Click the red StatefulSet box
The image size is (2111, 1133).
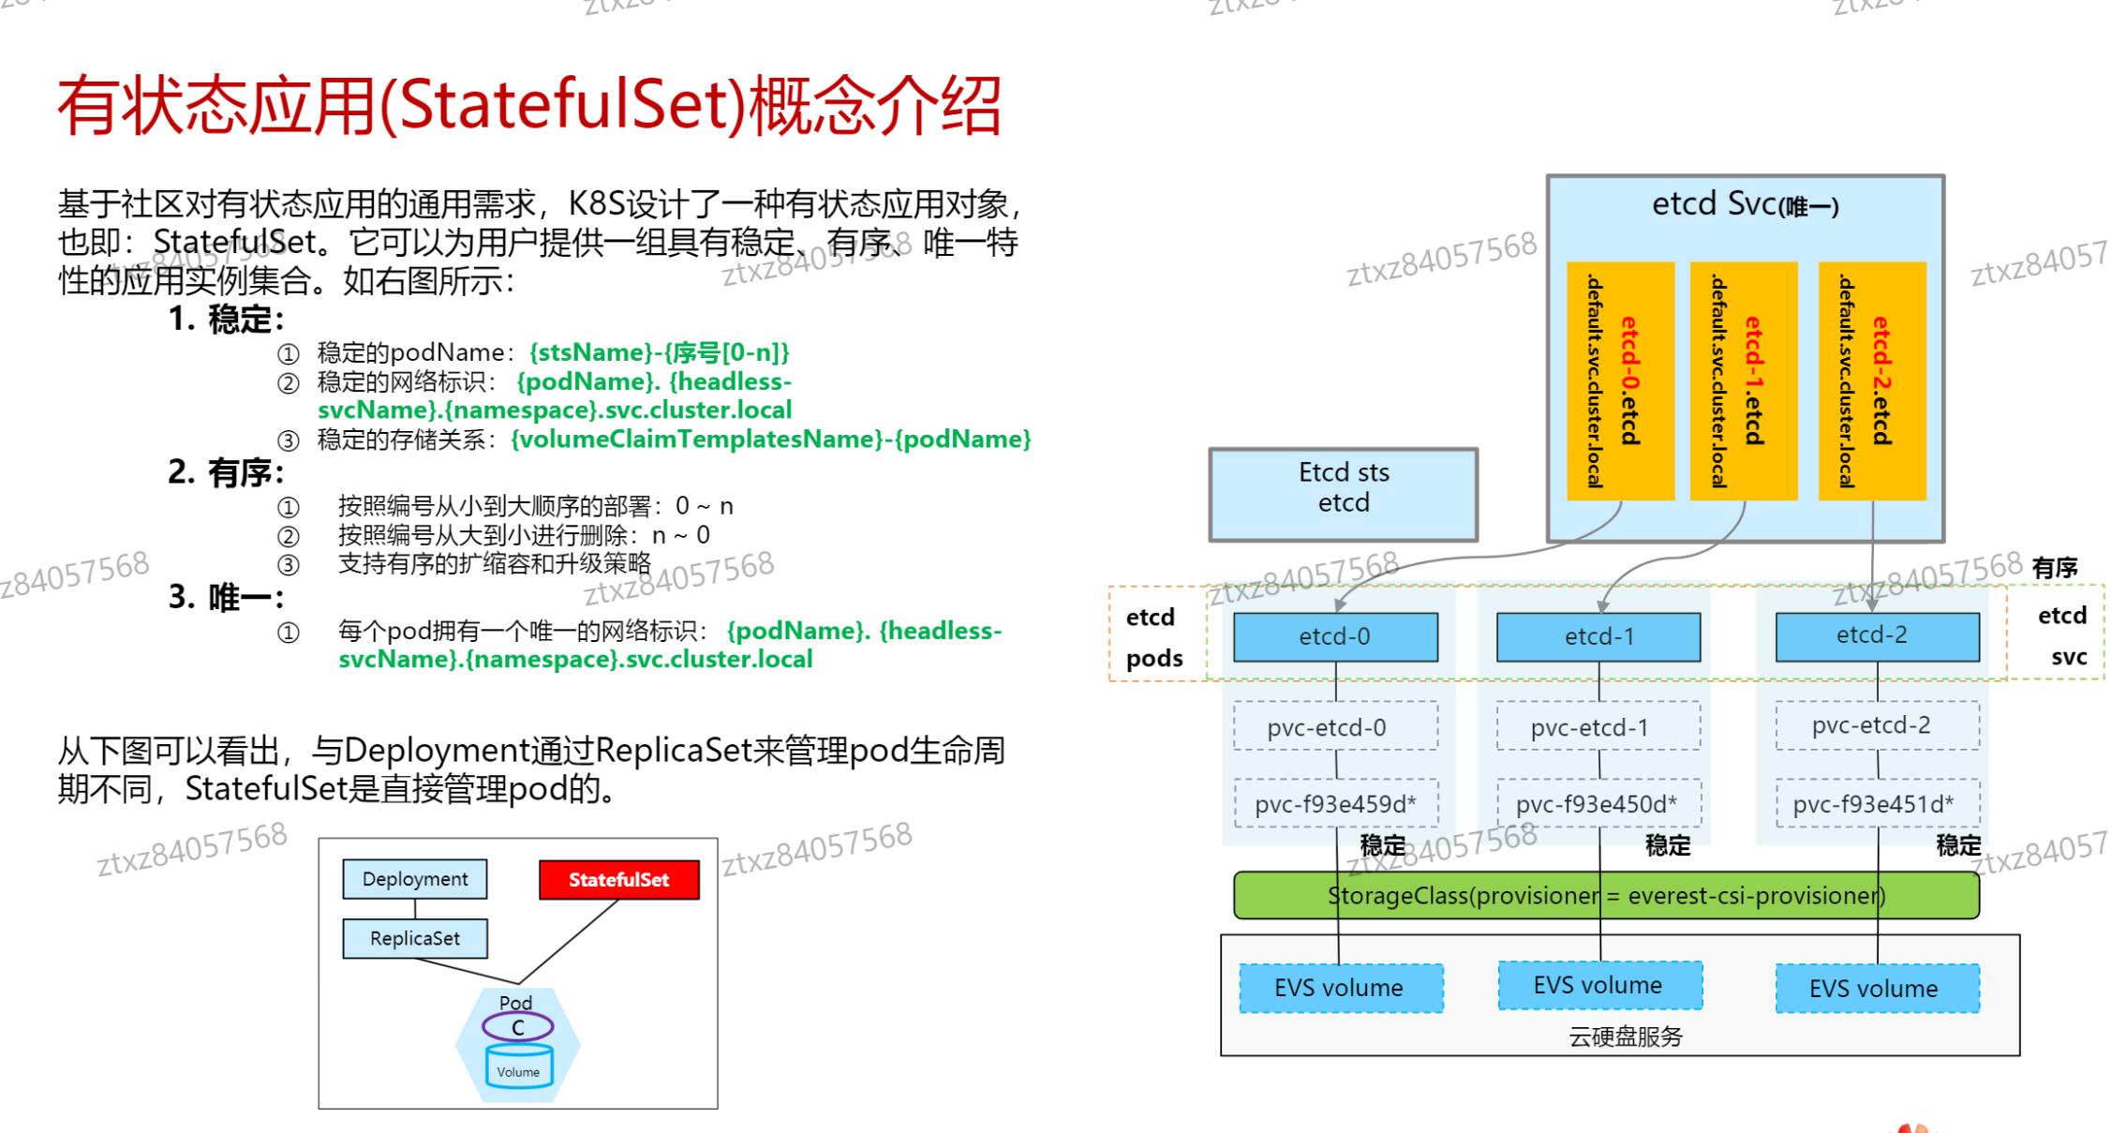[618, 879]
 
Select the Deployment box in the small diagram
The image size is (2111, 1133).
[414, 879]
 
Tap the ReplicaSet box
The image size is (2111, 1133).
[414, 938]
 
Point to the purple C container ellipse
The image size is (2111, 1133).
[517, 1027]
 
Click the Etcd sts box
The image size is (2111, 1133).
[1343, 494]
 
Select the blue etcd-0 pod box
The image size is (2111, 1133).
[1334, 636]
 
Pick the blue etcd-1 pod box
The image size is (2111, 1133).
[1598, 636]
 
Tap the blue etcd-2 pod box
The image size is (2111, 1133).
[1877, 635]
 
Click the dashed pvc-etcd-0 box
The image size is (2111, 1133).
[1334, 727]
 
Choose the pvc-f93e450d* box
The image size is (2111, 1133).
[1598, 804]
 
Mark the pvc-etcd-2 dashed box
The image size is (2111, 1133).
[1877, 725]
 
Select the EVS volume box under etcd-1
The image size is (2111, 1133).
[1599, 985]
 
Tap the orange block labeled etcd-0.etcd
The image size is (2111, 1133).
[1620, 380]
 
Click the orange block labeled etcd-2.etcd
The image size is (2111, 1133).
[1871, 380]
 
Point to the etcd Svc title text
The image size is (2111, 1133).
[1744, 204]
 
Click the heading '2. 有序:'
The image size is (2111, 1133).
[226, 472]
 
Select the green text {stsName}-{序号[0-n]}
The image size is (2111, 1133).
[659, 352]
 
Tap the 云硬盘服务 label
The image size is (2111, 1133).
[1626, 1036]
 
